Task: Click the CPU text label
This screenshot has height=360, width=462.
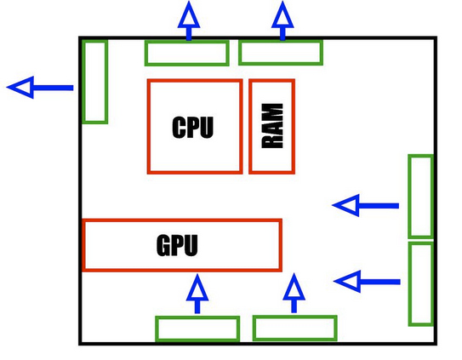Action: pyautogui.click(x=192, y=127)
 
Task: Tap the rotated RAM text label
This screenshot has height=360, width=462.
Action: pyautogui.click(x=272, y=126)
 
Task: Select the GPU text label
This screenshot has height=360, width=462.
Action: pyautogui.click(x=177, y=245)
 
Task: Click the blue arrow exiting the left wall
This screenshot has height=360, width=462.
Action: pyautogui.click(x=40, y=88)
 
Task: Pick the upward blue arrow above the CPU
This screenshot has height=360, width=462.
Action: pyautogui.click(x=189, y=20)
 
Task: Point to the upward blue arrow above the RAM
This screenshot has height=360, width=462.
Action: pyautogui.click(x=282, y=20)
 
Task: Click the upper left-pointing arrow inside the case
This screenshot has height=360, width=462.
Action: pyautogui.click(x=365, y=205)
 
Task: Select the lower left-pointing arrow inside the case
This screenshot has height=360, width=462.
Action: pyautogui.click(x=367, y=282)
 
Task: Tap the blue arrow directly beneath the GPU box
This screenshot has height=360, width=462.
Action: pyautogui.click(x=197, y=294)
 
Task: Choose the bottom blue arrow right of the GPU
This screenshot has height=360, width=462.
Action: pyautogui.click(x=294, y=293)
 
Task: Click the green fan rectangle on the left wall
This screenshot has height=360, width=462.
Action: pyautogui.click(x=95, y=82)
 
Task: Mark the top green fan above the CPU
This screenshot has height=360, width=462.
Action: pyautogui.click(x=187, y=53)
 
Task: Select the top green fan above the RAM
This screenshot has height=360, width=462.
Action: pyautogui.click(x=281, y=53)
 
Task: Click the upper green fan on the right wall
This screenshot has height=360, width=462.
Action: pyautogui.click(x=421, y=196)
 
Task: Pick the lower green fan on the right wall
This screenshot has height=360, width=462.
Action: pyautogui.click(x=421, y=284)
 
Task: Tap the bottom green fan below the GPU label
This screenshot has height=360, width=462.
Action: pyautogui.click(x=197, y=329)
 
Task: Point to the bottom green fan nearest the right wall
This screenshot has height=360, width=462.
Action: pyautogui.click(x=295, y=329)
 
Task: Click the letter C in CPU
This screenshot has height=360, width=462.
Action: pyautogui.click(x=179, y=127)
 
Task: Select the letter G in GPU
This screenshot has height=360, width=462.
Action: pyautogui.click(x=164, y=245)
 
